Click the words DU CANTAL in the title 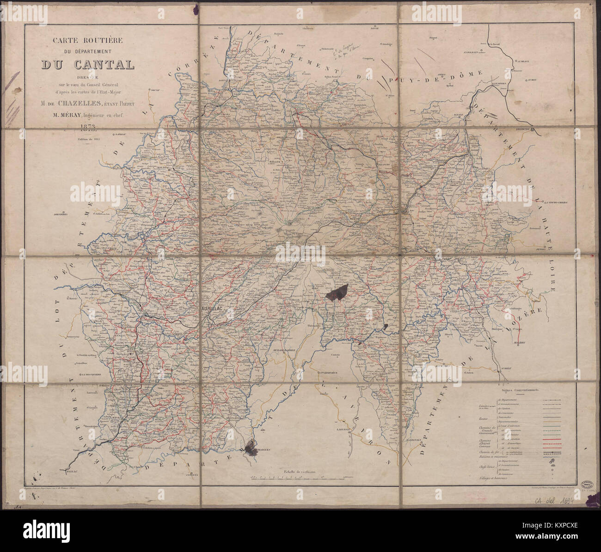pyautogui.click(x=88, y=65)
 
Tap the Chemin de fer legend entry pyautogui.click(x=486, y=458)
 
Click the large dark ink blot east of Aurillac pyautogui.click(x=337, y=292)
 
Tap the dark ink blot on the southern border pyautogui.click(x=251, y=448)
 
